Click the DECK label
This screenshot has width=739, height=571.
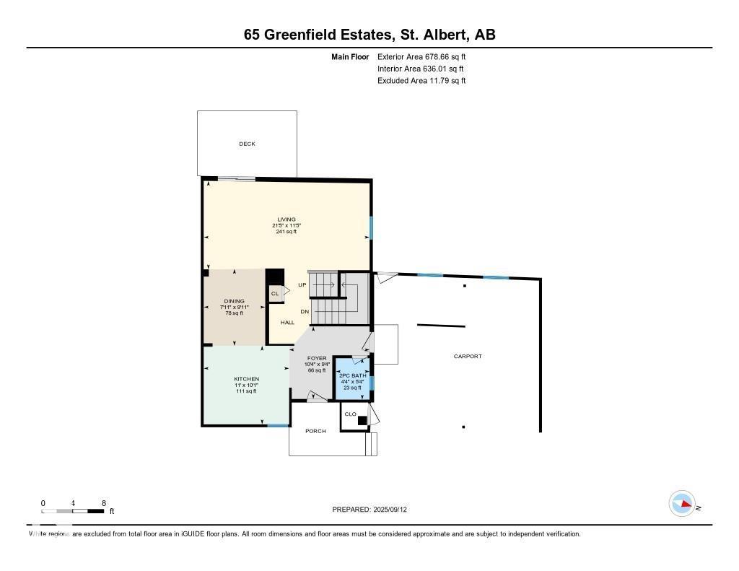[x=248, y=144]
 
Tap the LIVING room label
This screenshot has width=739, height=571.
[x=287, y=219]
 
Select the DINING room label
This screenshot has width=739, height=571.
[x=234, y=301]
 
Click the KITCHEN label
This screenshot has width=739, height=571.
[x=246, y=379]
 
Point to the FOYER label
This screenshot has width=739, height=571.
[x=317, y=358]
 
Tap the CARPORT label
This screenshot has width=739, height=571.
[x=468, y=357]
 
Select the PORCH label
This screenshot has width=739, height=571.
[x=315, y=431]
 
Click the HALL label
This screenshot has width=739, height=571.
[x=287, y=323]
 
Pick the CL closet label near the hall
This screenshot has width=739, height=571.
[x=274, y=294]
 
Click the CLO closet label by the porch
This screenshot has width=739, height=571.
[x=350, y=414]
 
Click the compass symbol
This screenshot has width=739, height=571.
[x=682, y=504]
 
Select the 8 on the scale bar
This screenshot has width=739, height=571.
[x=104, y=503]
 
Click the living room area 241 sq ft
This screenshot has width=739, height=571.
[x=287, y=232]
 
